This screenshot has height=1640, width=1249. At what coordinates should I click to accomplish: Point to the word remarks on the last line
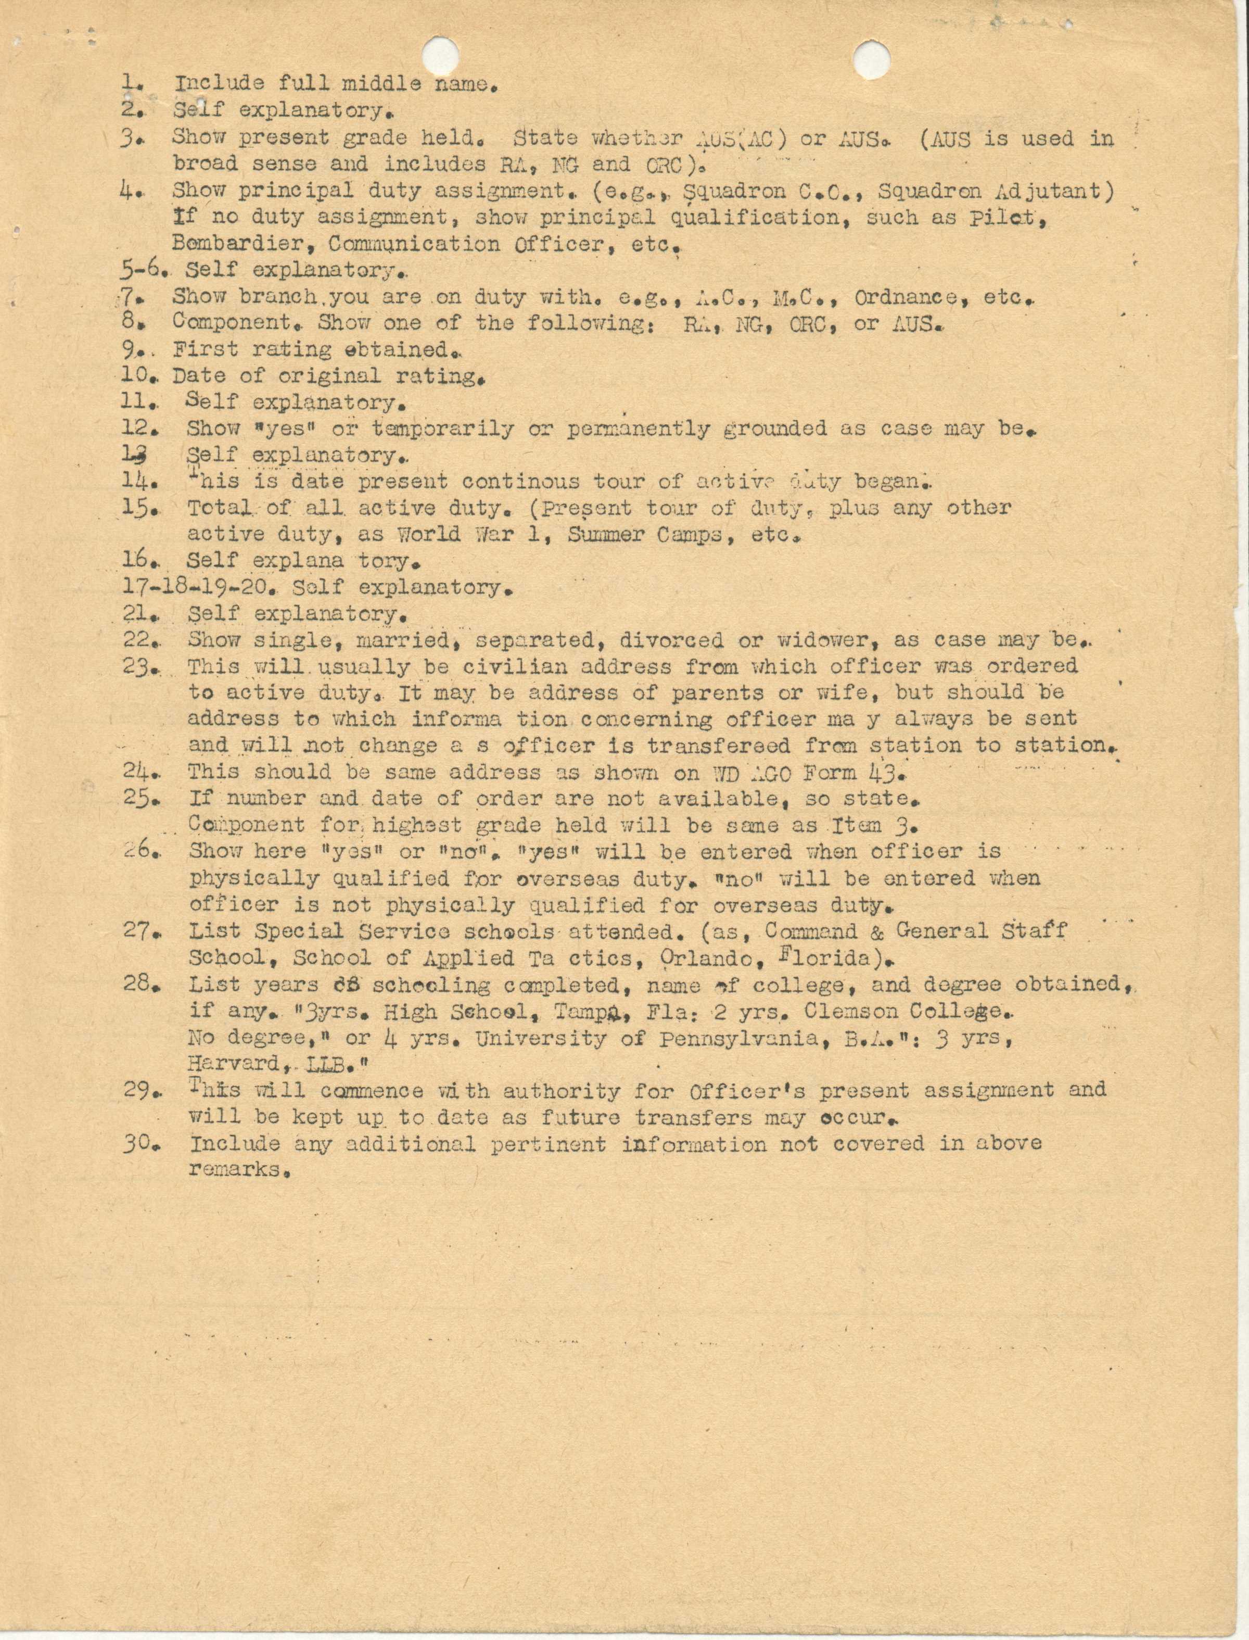coord(238,1169)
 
